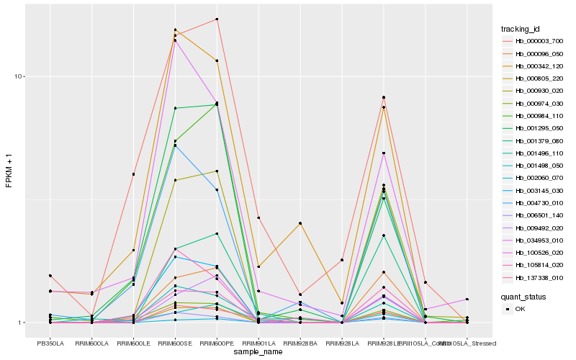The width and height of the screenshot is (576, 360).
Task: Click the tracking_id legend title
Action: (521, 29)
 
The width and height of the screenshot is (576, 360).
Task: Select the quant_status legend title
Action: (523, 296)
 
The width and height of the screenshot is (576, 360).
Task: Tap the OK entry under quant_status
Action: (521, 309)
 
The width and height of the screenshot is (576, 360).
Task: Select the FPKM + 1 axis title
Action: (9, 171)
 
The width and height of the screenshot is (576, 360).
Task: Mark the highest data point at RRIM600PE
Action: (217, 19)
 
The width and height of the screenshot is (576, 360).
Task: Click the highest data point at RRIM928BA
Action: (300, 224)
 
